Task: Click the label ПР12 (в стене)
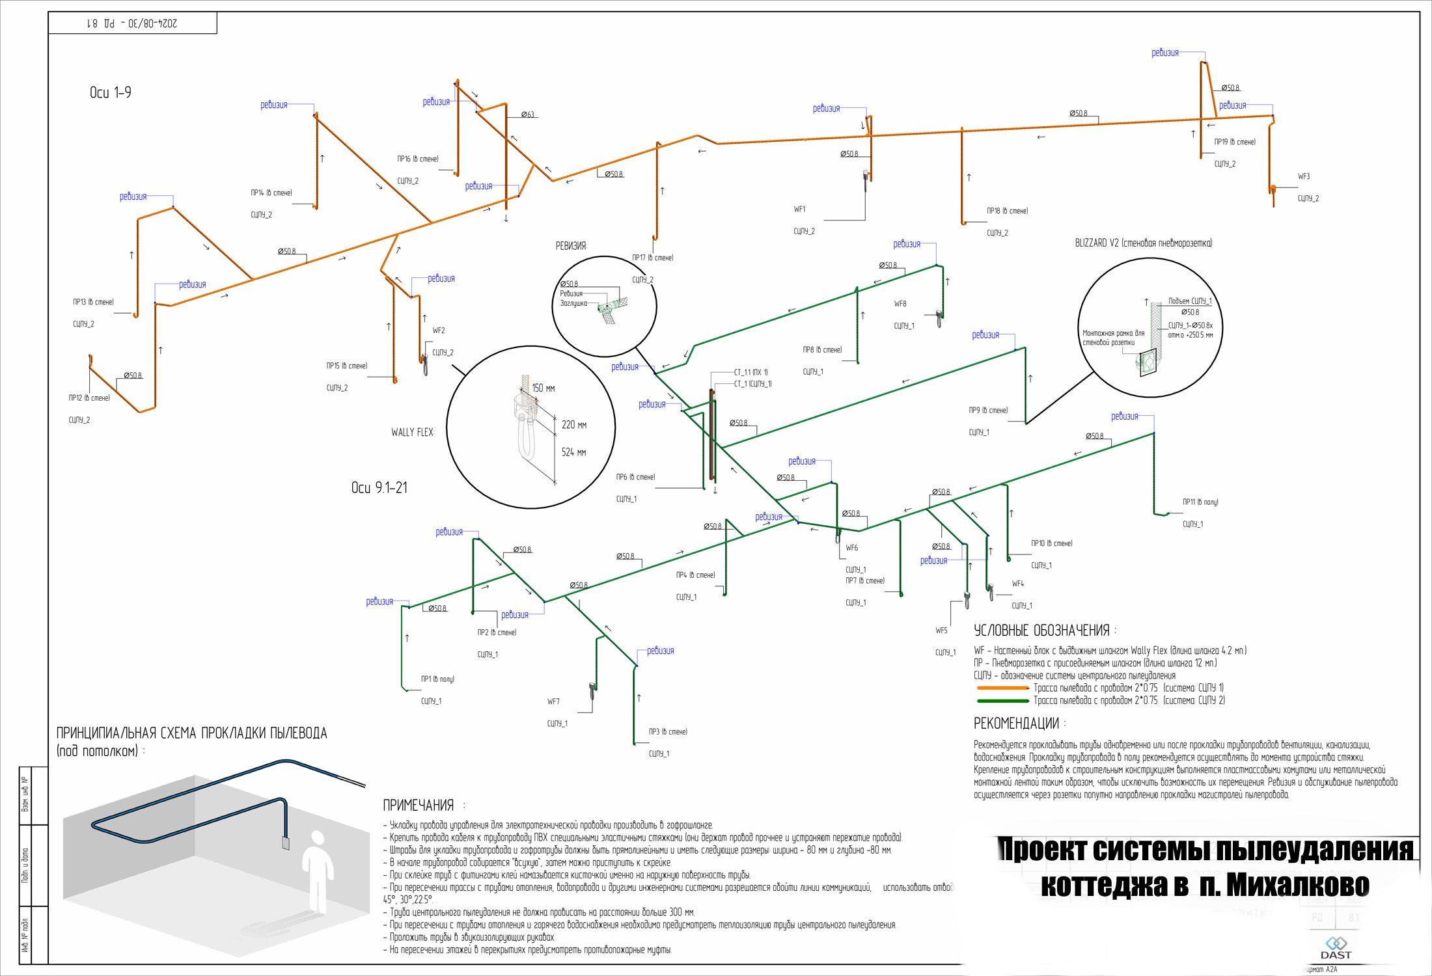89,398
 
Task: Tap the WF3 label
1304,176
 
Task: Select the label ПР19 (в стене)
1235,142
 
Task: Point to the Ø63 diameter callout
528,115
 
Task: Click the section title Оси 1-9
111,92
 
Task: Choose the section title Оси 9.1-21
379,487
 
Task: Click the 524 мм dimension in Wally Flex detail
573,452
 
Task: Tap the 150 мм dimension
544,388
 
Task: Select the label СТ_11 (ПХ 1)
750,372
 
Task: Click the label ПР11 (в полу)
1200,502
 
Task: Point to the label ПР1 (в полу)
437,679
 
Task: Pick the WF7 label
553,701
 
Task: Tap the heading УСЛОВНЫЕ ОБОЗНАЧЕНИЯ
1041,630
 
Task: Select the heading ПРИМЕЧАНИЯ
418,806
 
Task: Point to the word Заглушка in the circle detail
573,303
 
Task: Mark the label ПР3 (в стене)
668,731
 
